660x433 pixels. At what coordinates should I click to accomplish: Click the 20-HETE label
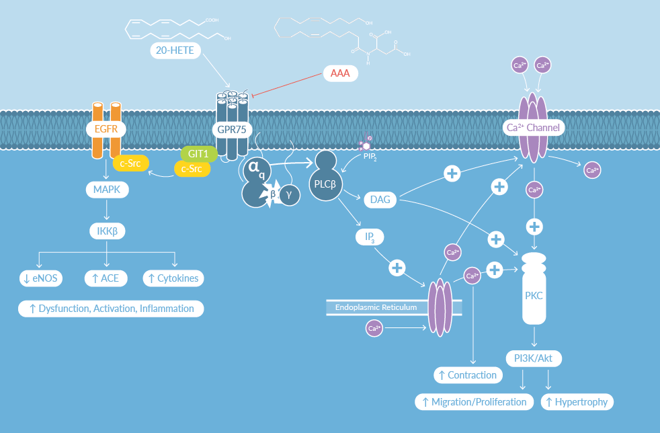pyautogui.click(x=175, y=50)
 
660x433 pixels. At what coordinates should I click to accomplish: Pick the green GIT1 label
pyautogui.click(x=198, y=153)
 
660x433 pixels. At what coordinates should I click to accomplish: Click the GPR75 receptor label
pyautogui.click(x=231, y=130)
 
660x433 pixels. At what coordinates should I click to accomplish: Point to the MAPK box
pyautogui.click(x=107, y=190)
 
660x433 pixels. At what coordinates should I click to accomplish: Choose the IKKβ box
pyautogui.click(x=107, y=232)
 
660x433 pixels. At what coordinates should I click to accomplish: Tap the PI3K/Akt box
pyautogui.click(x=534, y=358)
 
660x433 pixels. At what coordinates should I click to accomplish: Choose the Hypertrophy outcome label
pyautogui.click(x=577, y=402)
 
